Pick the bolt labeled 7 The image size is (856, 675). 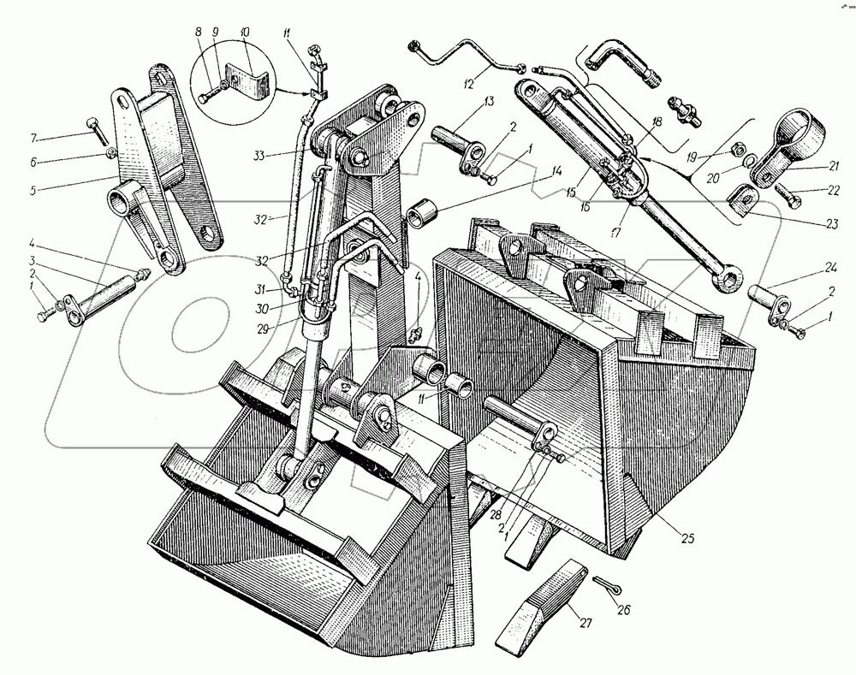[x=97, y=131]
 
